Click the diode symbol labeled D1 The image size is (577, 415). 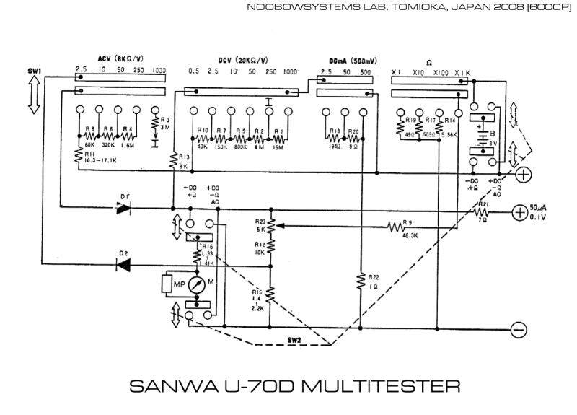pos(123,208)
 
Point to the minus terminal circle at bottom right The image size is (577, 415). pos(517,330)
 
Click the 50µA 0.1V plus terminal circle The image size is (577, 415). pos(519,212)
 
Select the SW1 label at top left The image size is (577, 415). pos(35,70)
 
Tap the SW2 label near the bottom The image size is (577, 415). pos(294,339)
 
